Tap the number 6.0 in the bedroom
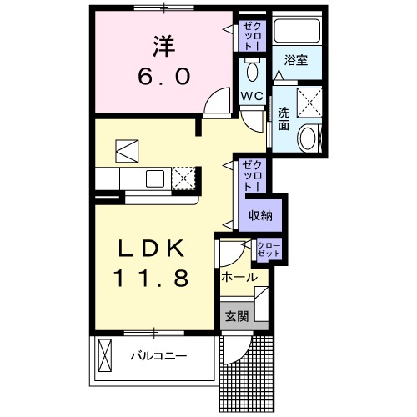[163, 77]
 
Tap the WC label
[253, 96]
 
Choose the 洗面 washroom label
[284, 119]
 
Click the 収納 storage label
[260, 215]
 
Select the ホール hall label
[239, 276]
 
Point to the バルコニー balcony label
[158, 356]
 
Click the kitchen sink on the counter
[156, 178]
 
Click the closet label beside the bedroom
[252, 36]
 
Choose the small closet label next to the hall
[269, 248]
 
